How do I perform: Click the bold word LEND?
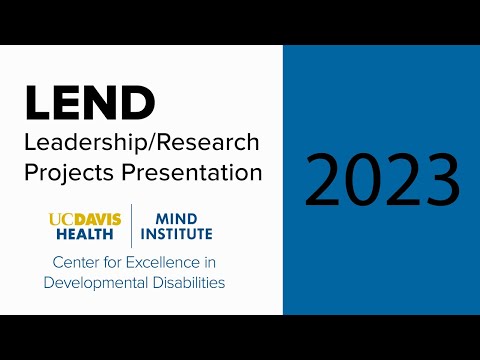[90, 102]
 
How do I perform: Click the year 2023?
[382, 181]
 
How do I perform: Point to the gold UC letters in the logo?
[59, 218]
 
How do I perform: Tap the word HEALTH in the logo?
[83, 234]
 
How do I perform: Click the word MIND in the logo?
[170, 218]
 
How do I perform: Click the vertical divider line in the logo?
[132, 226]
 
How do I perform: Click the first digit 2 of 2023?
[325, 181]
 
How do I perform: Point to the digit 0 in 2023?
[364, 181]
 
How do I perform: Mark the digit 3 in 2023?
[441, 181]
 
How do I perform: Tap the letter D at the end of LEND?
[139, 102]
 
